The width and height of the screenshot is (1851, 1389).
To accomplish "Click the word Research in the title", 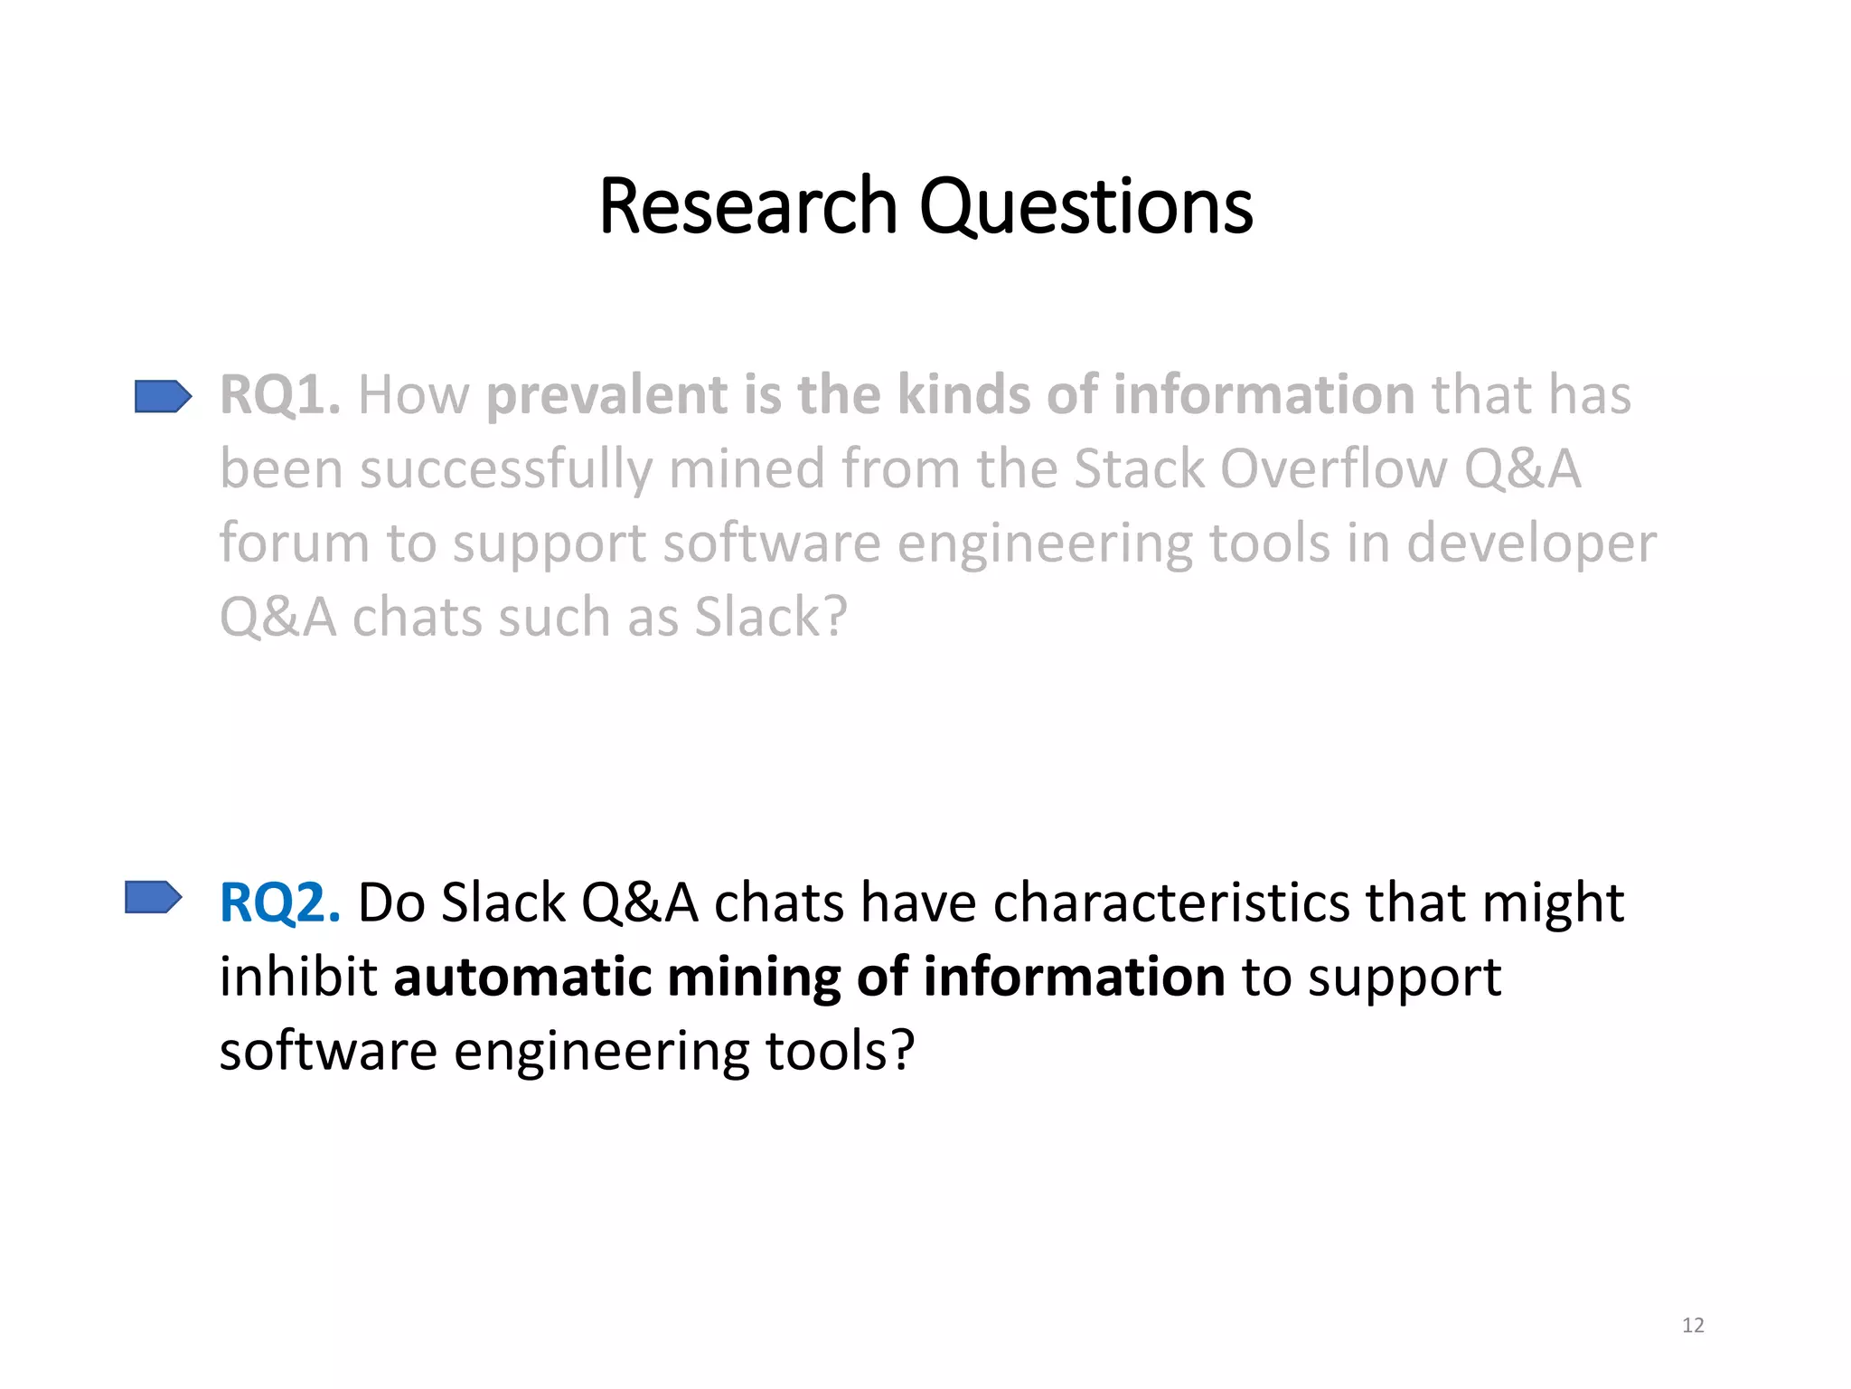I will click(x=747, y=206).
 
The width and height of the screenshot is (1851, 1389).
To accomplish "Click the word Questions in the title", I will click(x=1085, y=208).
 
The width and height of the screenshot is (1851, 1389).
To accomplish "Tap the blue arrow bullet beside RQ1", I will click(x=163, y=396).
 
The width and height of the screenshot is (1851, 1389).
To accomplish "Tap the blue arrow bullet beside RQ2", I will click(x=153, y=898).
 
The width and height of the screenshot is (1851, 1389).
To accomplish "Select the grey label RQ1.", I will click(x=280, y=395).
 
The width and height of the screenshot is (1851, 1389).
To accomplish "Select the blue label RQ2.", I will click(x=280, y=902).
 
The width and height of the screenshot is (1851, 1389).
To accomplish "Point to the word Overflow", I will click(x=1332, y=469).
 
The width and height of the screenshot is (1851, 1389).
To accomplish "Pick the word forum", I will click(x=294, y=543).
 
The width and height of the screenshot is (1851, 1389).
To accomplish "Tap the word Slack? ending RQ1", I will click(x=771, y=618).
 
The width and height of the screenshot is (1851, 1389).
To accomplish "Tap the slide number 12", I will click(x=1693, y=1326).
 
